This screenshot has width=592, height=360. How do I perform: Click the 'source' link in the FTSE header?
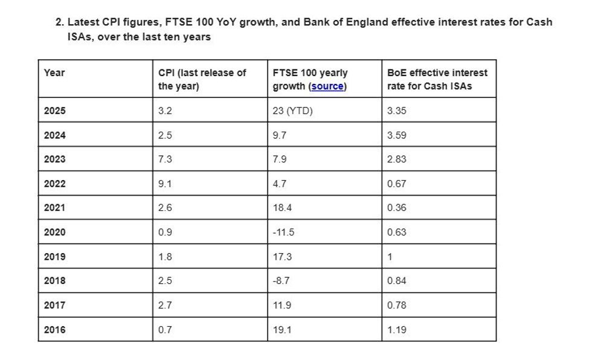click(327, 86)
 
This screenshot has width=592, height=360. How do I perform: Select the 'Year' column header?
click(54, 72)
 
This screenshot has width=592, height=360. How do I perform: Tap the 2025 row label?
click(55, 111)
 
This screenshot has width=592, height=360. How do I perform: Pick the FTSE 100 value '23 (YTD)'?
click(292, 111)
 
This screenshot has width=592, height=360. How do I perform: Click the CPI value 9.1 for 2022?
click(165, 184)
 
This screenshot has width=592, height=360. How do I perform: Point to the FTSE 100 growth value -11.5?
click(283, 232)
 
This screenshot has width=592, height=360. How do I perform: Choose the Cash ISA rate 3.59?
click(397, 135)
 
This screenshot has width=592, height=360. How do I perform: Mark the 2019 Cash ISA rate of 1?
click(390, 257)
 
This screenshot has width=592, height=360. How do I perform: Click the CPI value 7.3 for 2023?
click(165, 159)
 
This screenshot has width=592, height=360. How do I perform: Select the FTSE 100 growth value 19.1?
click(282, 330)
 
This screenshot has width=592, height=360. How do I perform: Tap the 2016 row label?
click(55, 330)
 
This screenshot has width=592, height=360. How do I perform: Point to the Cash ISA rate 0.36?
click(397, 208)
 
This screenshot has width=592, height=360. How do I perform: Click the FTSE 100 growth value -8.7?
click(281, 281)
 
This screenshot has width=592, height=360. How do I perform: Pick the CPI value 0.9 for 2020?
click(165, 232)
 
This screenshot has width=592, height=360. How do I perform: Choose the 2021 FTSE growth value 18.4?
click(282, 208)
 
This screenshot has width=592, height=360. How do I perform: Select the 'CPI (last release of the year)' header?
click(202, 79)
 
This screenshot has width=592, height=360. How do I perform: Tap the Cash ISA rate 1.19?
click(397, 330)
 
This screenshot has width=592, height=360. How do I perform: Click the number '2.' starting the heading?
click(60, 22)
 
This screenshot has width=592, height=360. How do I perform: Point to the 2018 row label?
click(55, 281)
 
